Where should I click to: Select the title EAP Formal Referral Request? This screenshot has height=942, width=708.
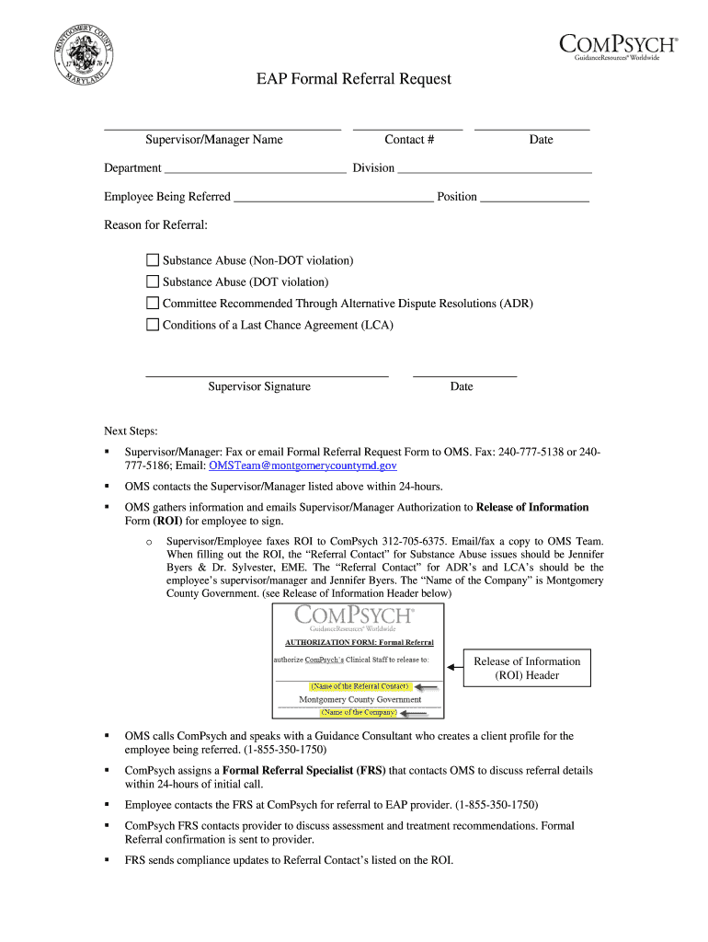click(353, 79)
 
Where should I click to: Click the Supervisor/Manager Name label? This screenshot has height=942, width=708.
click(213, 140)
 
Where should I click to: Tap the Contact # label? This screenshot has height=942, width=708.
click(409, 140)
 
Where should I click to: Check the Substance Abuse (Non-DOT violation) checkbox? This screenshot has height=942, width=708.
click(153, 261)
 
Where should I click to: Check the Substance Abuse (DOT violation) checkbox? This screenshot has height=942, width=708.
click(153, 282)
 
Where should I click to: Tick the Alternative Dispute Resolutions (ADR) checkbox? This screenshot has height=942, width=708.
click(153, 304)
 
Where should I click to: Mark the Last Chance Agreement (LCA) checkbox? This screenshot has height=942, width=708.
click(153, 325)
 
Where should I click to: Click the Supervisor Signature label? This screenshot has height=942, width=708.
click(259, 387)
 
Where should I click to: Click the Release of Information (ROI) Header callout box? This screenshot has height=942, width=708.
click(527, 669)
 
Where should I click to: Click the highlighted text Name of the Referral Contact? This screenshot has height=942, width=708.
click(360, 686)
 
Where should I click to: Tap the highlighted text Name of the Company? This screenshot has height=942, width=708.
click(359, 712)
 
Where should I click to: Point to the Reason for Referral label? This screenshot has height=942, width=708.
click(155, 225)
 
